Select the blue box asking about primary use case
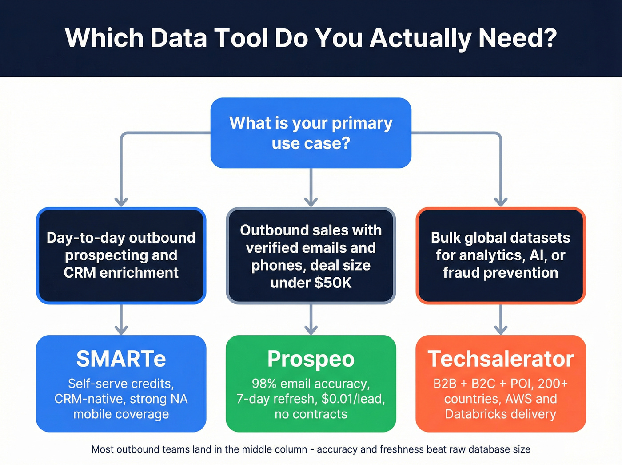(311, 133)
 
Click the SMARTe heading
(121, 359)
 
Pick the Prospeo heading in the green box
(311, 359)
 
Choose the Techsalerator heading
(501, 359)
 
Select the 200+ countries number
(553, 384)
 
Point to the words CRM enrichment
(121, 272)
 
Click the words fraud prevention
(501, 272)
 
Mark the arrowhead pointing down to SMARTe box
(121, 329)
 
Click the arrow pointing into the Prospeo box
(311, 329)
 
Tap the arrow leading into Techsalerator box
(501, 329)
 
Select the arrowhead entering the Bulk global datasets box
(501, 201)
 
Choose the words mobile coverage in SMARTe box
(121, 414)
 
